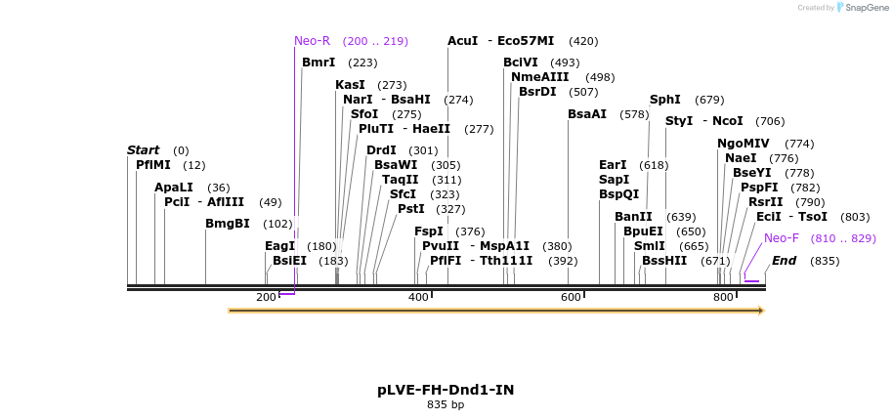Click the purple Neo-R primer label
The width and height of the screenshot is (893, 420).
(x=313, y=41)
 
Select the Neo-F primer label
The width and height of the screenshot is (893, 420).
(x=781, y=238)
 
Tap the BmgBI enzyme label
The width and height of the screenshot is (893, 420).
(x=227, y=224)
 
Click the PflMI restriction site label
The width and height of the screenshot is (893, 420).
(x=152, y=165)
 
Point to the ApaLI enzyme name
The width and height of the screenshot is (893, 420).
(x=173, y=187)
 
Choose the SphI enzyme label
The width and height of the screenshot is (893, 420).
(x=664, y=100)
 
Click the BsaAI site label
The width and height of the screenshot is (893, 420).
(x=586, y=114)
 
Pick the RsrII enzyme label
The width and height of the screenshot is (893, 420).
(x=765, y=202)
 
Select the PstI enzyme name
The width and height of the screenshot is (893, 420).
(x=410, y=208)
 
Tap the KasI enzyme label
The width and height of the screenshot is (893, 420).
(x=350, y=85)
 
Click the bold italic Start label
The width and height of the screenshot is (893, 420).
(x=143, y=150)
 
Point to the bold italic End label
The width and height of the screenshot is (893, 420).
(x=784, y=261)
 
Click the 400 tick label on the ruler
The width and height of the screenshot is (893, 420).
(x=418, y=297)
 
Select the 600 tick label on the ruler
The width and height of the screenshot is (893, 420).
(x=571, y=297)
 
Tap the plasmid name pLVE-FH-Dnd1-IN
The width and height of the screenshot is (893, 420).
(x=446, y=390)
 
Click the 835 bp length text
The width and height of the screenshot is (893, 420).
(x=446, y=404)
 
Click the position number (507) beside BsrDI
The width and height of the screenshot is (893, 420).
(x=583, y=92)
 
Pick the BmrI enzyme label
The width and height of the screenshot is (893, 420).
(x=319, y=63)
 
